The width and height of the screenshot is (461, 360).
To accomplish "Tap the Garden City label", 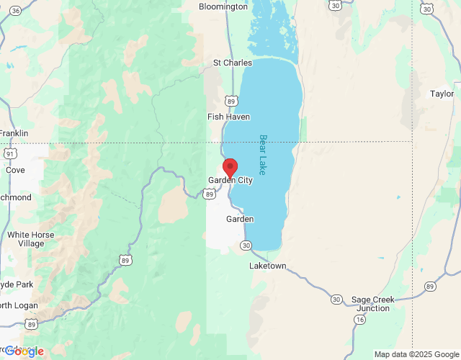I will click(x=230, y=180).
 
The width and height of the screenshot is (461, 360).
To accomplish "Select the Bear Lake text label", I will click(x=263, y=155).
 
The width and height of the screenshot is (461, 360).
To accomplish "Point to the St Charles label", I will click(x=233, y=63).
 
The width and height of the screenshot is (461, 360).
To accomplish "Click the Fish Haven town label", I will click(x=228, y=117).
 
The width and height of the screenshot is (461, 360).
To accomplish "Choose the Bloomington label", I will click(x=223, y=6).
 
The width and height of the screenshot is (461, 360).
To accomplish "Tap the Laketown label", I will click(x=267, y=266).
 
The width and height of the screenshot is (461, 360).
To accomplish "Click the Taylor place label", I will click(x=442, y=94).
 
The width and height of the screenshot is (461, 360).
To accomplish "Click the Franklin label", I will click(x=14, y=133).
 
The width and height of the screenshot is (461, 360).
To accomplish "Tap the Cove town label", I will click(x=14, y=171).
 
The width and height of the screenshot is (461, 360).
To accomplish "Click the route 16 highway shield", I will click(x=359, y=318).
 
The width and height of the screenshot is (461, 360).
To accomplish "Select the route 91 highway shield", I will click(x=9, y=153).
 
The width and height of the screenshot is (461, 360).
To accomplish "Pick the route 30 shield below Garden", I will click(x=246, y=246).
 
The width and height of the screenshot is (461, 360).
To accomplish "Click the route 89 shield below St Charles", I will click(x=229, y=100).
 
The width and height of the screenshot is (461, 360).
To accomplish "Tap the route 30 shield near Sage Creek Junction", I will click(x=336, y=299).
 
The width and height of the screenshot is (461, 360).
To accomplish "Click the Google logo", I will click(x=23, y=351).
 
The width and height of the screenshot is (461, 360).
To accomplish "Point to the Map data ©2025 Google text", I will click(x=416, y=354).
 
